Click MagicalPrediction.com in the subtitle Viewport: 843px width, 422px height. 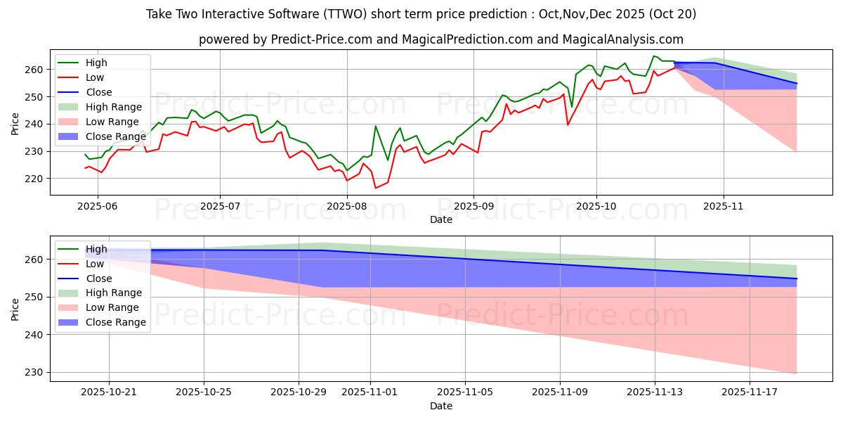point(467,39)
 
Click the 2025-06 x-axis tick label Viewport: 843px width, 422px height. point(98,206)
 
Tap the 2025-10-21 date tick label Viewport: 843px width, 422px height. point(109,392)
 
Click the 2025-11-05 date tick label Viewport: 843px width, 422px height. point(465,392)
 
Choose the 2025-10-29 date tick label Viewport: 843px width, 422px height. point(299,392)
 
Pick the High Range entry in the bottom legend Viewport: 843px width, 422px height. point(115,293)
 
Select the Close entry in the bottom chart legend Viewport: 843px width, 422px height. point(99,278)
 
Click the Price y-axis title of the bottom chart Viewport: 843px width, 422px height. point(15,307)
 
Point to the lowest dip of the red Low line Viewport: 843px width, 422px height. point(375,188)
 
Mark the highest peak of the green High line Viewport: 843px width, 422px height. point(653,56)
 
